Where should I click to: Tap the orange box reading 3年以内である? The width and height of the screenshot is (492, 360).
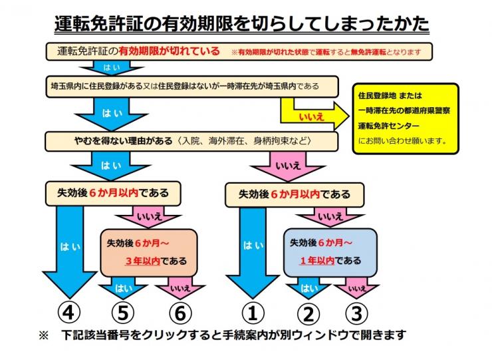click(x=150, y=252)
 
